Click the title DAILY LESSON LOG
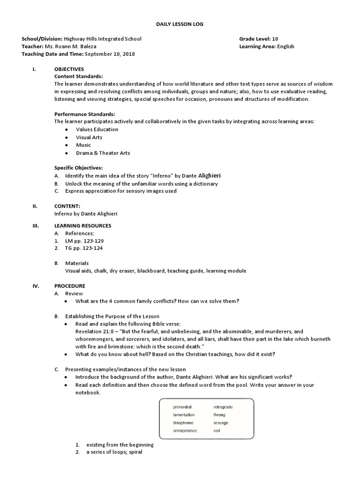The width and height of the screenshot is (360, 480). pyautogui.click(x=180, y=23)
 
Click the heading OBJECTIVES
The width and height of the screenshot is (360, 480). pyautogui.click(x=69, y=69)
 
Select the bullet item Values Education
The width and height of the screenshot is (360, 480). pyautogui.click(x=97, y=129)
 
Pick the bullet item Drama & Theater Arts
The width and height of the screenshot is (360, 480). pyautogui.click(x=103, y=153)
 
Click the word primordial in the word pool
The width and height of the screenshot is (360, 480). pyautogui.click(x=182, y=407)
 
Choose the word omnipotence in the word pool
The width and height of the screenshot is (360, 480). pyautogui.click(x=185, y=430)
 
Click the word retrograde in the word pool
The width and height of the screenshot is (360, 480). pyautogui.click(x=223, y=407)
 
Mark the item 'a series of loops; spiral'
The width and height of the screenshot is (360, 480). pyautogui.click(x=113, y=452)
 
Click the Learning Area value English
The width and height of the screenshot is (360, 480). pyautogui.click(x=285, y=46)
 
